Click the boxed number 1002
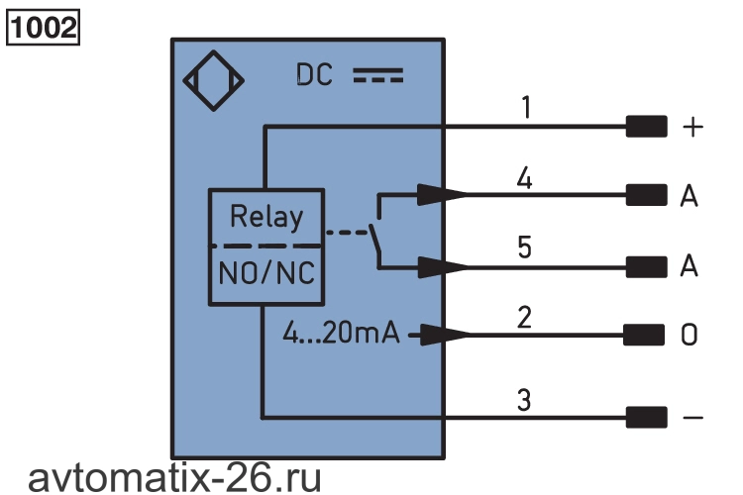coord(43,28)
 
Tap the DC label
coord(314,75)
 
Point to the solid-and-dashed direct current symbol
coord(378,76)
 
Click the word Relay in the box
coord(266,218)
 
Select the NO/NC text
coord(266,273)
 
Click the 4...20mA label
coord(341,333)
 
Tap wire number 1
coord(526,107)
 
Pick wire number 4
coord(524,178)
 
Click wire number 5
coord(524,247)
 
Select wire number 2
coord(524,317)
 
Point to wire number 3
coord(524,400)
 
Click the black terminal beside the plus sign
coord(646,127)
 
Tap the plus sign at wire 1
coord(692,128)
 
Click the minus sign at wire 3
coord(693,418)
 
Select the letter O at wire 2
coord(689,335)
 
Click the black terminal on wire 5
coord(646,266)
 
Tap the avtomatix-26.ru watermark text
coord(174,478)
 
